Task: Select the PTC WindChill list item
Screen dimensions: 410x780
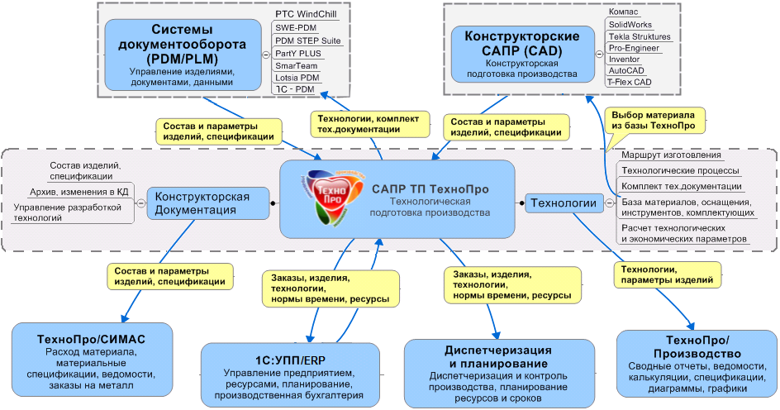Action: point(306,14)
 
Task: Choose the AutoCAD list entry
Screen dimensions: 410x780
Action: point(627,71)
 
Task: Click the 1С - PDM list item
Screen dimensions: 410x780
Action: point(294,88)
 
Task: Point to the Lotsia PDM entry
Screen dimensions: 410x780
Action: point(298,76)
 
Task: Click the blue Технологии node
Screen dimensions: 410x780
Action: point(563,202)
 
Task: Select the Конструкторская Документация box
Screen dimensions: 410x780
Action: point(202,203)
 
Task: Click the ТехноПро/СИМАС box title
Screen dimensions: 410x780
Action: point(92,339)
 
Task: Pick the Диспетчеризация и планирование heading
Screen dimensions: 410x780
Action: point(487,356)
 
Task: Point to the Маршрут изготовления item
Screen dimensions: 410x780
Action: point(671,155)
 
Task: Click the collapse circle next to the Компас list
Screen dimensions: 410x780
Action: point(597,48)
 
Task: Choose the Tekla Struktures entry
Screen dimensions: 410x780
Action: point(640,37)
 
